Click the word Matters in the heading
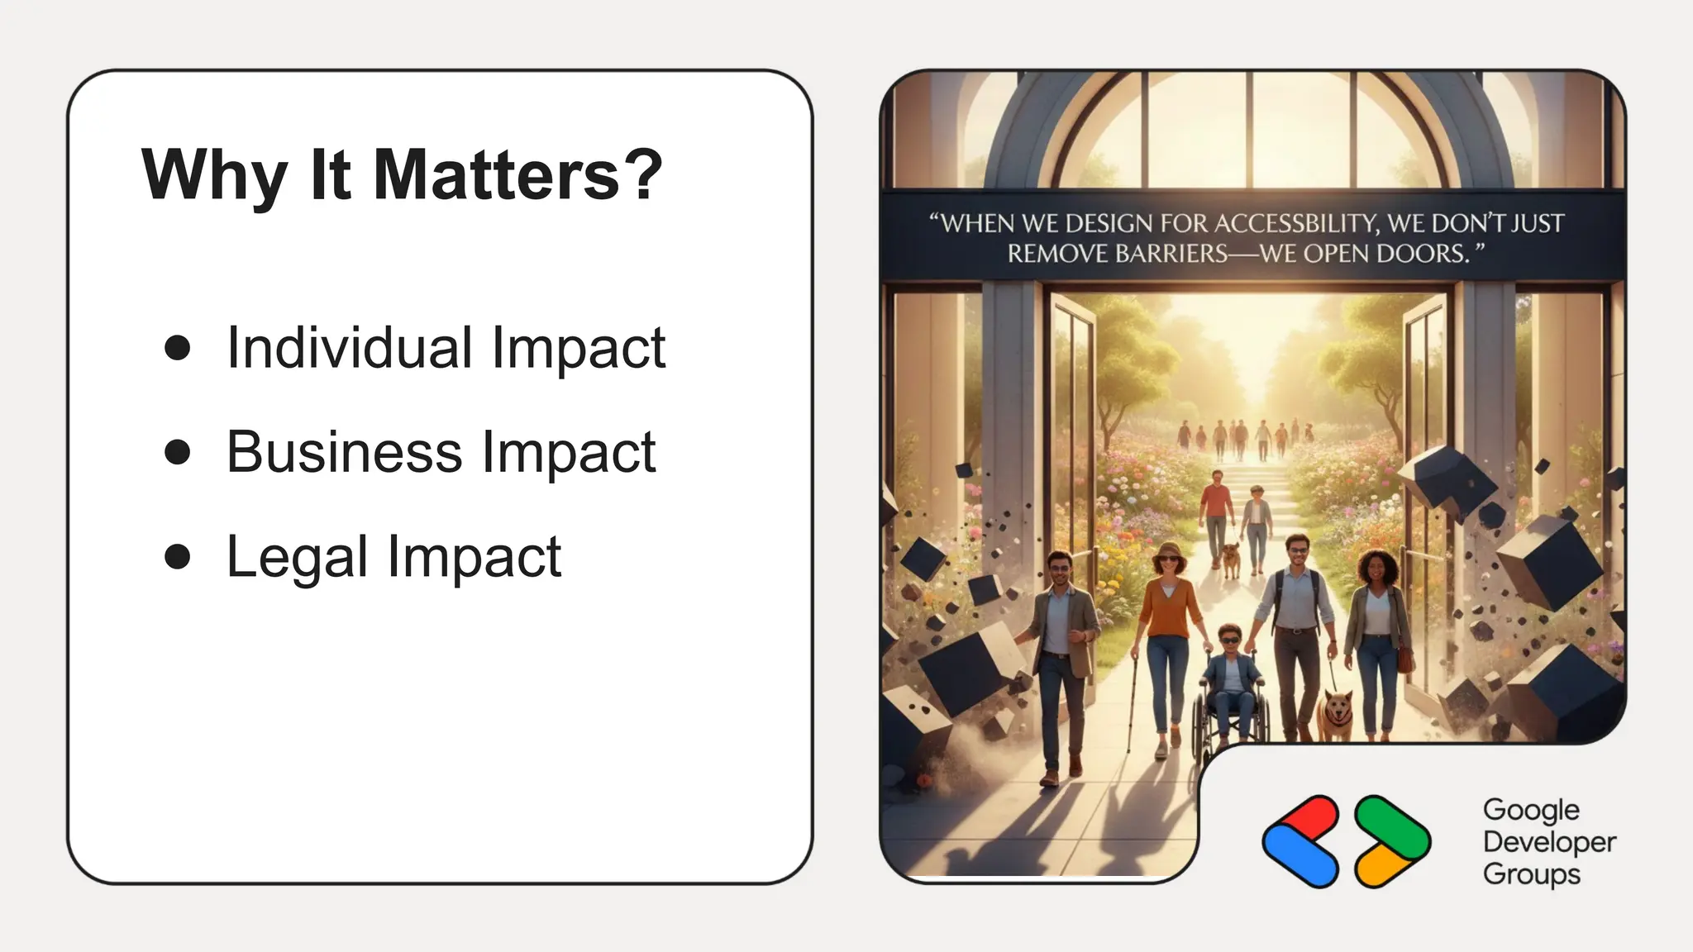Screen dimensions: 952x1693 496,175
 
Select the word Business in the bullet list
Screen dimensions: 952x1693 344,452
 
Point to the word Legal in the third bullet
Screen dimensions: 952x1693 297,558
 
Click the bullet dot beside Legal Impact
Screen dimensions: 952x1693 178,556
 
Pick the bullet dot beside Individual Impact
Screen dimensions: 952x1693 178,347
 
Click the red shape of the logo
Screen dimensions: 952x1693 1306,821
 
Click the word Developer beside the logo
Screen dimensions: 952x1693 1549,842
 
